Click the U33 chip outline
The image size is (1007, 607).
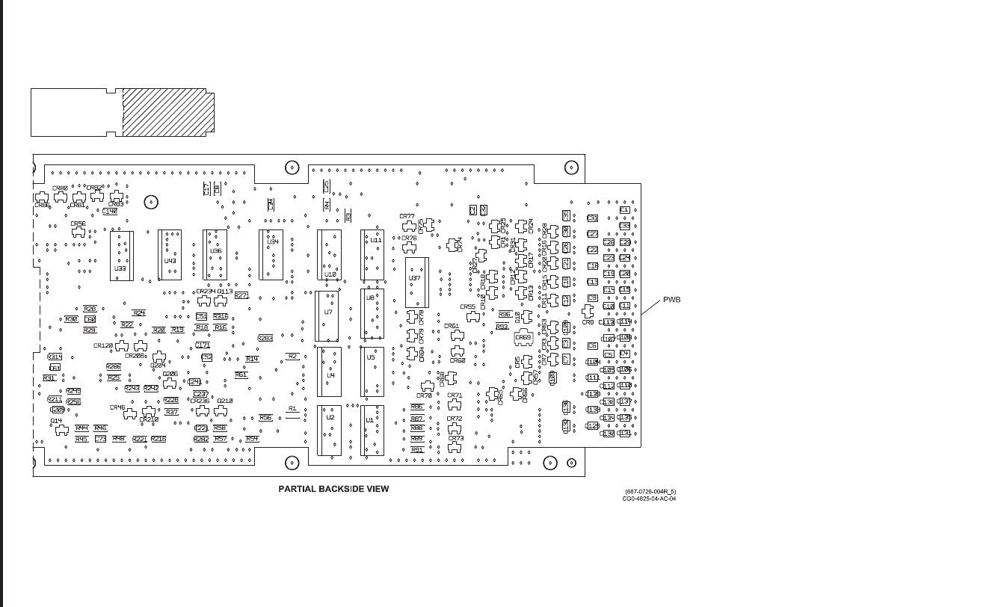tap(121, 256)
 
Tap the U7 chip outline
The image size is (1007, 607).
tap(329, 315)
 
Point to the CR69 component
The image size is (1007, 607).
tap(523, 338)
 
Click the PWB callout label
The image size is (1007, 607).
tap(671, 300)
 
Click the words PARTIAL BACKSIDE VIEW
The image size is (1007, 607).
tap(333, 489)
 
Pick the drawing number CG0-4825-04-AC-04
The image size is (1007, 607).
tap(649, 497)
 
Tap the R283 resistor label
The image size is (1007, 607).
tap(265, 338)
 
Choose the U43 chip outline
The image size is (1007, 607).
tap(170, 256)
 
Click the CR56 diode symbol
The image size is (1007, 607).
tap(78, 232)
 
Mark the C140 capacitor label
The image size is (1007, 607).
tap(110, 212)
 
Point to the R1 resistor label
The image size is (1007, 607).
tap(292, 409)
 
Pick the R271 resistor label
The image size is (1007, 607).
tap(241, 295)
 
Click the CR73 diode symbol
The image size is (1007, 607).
tap(455, 447)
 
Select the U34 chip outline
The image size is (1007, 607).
tap(271, 254)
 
